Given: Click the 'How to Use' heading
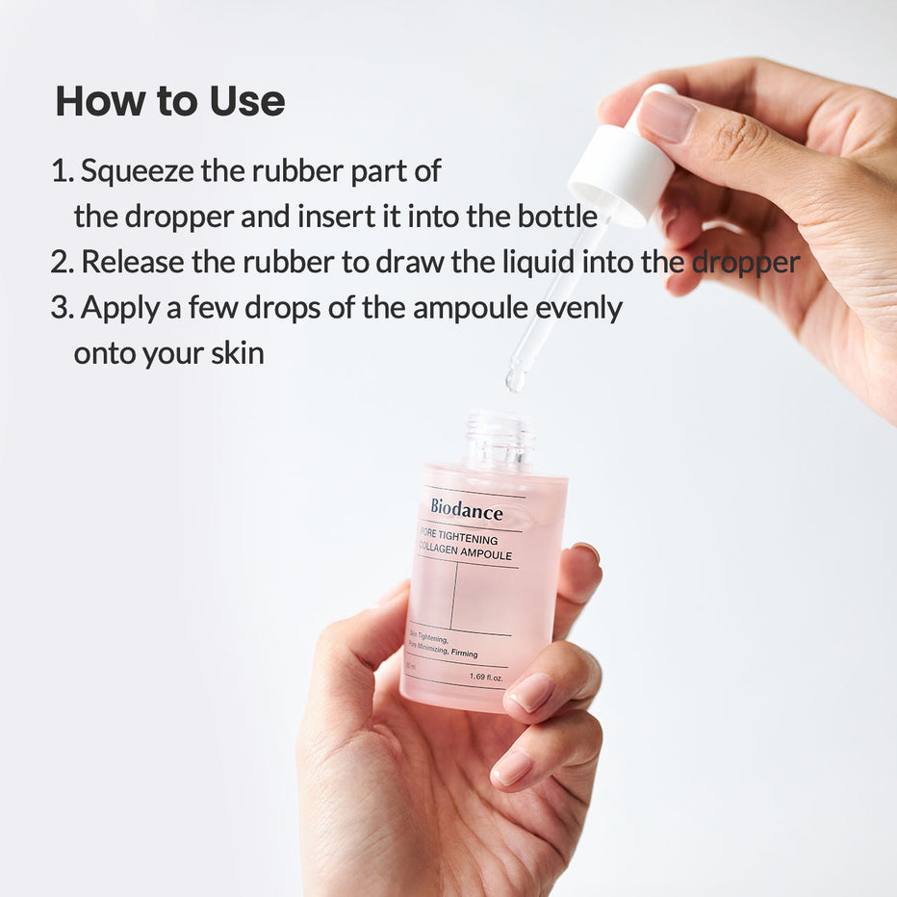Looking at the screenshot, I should [x=169, y=102].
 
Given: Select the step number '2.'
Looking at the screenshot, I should [x=62, y=262].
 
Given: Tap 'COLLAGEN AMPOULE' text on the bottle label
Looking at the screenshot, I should [x=465, y=555].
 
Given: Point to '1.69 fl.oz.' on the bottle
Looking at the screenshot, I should [x=487, y=676].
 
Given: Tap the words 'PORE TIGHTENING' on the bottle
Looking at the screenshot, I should [x=459, y=540].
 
